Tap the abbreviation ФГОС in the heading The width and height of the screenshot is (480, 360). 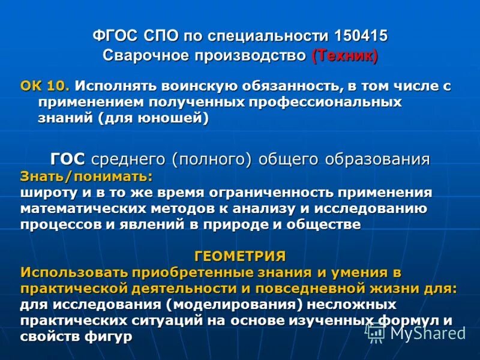click(x=114, y=35)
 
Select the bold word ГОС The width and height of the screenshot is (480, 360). click(x=68, y=159)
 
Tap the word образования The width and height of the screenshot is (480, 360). click(x=377, y=159)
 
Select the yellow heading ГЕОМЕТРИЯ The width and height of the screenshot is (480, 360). click(x=240, y=256)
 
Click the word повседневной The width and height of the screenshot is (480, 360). click(x=268, y=288)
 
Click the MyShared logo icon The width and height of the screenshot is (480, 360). click(x=376, y=332)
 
